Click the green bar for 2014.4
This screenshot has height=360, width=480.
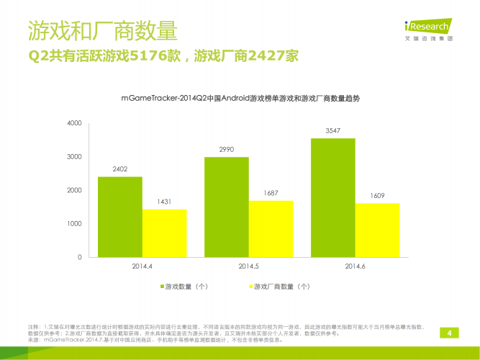[x=119, y=217]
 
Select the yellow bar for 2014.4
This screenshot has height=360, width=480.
[x=164, y=233]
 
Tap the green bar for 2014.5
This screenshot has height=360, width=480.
[x=226, y=207]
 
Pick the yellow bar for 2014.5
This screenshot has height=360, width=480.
[x=271, y=228]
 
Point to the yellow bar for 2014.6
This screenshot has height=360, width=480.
[x=377, y=230]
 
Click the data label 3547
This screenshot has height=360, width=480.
[x=332, y=130]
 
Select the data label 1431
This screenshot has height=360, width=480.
[x=164, y=202]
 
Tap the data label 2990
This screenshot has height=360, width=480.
[x=226, y=149]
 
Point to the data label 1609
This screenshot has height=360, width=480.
[x=377, y=195]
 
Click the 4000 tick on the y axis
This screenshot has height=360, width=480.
[x=75, y=123]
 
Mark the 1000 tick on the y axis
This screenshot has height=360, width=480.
[x=75, y=224]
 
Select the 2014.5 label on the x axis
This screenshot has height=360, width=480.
[x=249, y=266]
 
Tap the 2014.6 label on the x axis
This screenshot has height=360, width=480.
[x=356, y=266]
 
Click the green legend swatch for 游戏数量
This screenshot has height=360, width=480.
[x=162, y=286]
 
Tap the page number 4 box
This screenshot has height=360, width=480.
[x=450, y=333]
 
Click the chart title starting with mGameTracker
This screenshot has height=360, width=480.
[x=240, y=98]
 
